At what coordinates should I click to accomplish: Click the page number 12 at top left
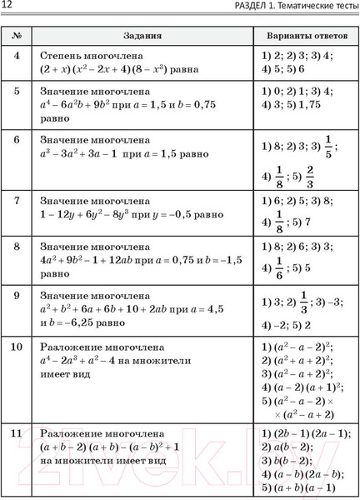[x=10, y=7]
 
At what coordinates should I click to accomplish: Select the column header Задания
[x=142, y=37]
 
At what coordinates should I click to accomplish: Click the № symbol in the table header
[x=17, y=37]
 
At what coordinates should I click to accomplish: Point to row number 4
[x=17, y=55]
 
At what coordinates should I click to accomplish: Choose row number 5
[x=17, y=90]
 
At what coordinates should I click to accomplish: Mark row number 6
[x=17, y=139]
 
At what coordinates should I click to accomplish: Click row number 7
[x=17, y=200]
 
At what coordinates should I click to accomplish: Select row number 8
[x=17, y=247]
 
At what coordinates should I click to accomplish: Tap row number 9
[x=17, y=295]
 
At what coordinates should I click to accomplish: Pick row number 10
[x=17, y=345]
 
